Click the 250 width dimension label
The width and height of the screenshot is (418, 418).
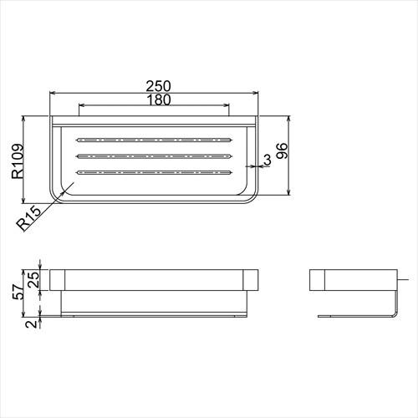point(158,86)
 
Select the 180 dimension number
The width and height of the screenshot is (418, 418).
point(158,99)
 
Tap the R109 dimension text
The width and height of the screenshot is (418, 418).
point(18,161)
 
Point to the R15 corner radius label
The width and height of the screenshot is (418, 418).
point(28,219)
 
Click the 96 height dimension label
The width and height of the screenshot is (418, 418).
point(282,150)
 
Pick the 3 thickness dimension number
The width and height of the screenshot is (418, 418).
point(267,161)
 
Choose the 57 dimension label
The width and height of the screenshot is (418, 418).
point(18,292)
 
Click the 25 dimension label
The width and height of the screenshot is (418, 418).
point(33,280)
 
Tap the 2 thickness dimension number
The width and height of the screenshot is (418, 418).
point(32,324)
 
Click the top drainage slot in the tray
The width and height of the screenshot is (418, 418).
point(154,140)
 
